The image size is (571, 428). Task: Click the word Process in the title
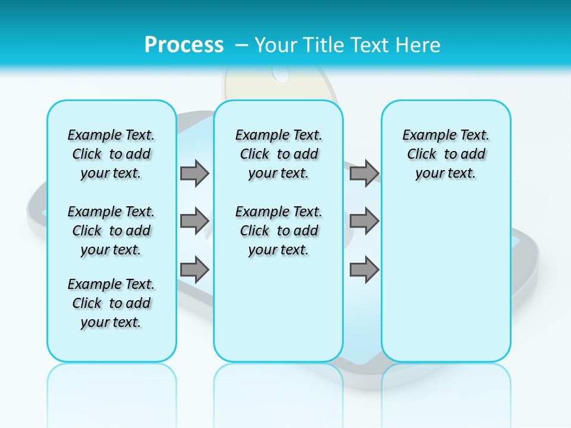click(x=184, y=45)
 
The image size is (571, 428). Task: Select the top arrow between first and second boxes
click(x=194, y=173)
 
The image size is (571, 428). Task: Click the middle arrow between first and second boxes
click(x=194, y=221)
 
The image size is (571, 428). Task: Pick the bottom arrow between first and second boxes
click(x=194, y=269)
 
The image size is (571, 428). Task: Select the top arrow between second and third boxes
click(x=364, y=173)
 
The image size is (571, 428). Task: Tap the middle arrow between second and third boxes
click(x=364, y=221)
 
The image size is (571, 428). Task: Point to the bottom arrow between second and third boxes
click(x=364, y=269)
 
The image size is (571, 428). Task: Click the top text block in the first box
click(x=111, y=154)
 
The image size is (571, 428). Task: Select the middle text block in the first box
click(x=111, y=231)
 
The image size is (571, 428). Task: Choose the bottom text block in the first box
click(x=111, y=303)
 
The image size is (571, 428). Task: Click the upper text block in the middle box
click(x=278, y=154)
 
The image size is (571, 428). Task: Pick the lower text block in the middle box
click(x=278, y=231)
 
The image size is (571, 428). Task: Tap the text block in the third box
click(x=446, y=154)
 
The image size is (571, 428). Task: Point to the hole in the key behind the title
click(x=280, y=75)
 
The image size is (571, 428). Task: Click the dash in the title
click(x=241, y=45)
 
